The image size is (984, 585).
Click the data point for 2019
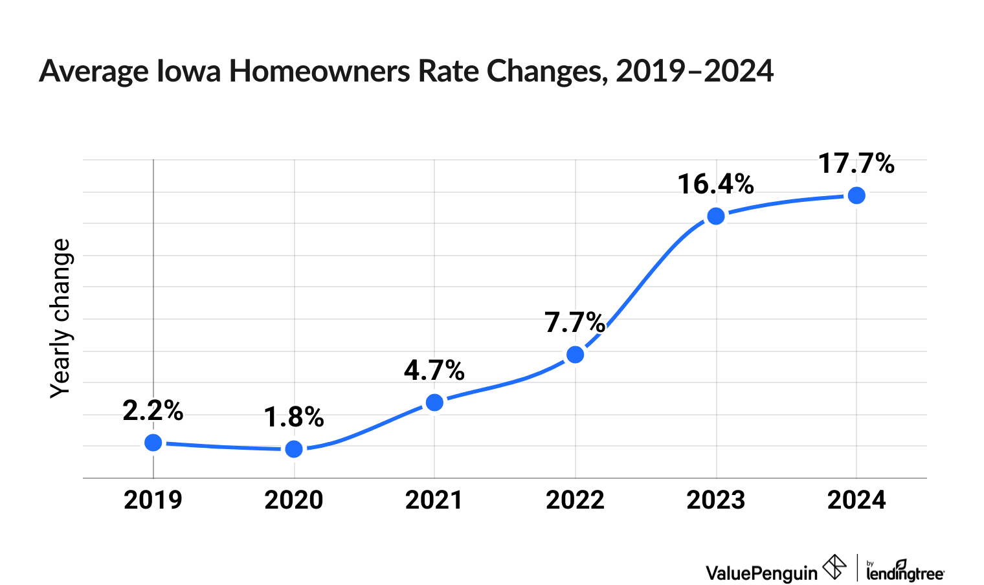tap(153, 443)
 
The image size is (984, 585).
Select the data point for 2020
tap(294, 449)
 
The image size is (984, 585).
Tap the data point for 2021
tap(434, 403)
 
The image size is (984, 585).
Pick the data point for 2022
tap(575, 355)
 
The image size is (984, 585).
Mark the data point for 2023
tap(716, 216)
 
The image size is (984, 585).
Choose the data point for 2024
tap(856, 195)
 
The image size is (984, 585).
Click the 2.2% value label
tap(153, 411)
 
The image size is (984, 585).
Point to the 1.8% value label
tap(294, 418)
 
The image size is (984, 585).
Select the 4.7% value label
tap(434, 371)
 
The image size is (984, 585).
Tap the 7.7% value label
tap(575, 323)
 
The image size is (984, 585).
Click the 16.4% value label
tap(716, 184)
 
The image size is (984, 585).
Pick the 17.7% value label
tap(856, 164)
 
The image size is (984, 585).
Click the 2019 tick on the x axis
tap(153, 500)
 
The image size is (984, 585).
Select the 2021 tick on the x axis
tap(434, 500)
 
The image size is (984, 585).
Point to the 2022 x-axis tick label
tap(575, 500)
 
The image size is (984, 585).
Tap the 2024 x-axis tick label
tap(856, 500)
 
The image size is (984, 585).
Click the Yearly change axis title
tap(61, 318)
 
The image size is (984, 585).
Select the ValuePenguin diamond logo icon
tap(834, 568)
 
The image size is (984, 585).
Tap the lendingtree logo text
tap(905, 572)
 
